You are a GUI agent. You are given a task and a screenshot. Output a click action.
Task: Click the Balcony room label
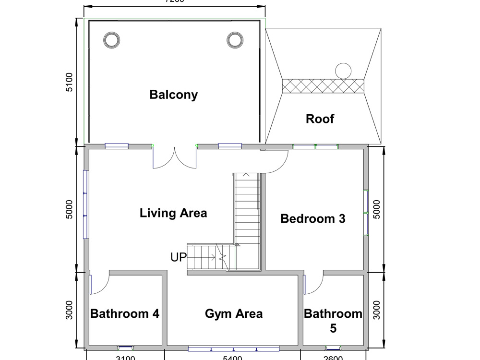[x=173, y=95]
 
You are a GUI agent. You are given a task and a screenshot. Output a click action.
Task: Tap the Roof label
[x=320, y=119]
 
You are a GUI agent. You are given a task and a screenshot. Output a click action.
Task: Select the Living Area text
[x=173, y=213]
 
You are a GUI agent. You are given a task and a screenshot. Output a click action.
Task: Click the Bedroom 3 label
[x=312, y=219]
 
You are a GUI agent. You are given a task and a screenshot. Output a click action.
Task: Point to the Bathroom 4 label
[x=125, y=314]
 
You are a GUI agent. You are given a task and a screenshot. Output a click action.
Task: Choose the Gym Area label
[x=234, y=314]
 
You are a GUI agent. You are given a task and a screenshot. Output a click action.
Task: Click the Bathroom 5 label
[x=333, y=321]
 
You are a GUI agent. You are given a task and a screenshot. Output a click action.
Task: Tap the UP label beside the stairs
[x=178, y=257]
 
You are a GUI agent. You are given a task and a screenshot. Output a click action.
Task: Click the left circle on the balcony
[x=111, y=40]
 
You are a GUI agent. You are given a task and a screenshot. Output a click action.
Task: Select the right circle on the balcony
[x=235, y=40]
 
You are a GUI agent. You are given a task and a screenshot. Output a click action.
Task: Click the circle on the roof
[x=343, y=71]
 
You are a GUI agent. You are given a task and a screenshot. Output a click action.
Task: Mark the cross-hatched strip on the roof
[x=323, y=86]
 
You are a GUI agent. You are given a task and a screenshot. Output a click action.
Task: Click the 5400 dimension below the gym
[x=232, y=357]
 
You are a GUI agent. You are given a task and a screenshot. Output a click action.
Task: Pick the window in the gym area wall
[x=233, y=348]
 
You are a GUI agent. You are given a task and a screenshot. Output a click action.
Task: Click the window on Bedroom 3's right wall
[x=366, y=213]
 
